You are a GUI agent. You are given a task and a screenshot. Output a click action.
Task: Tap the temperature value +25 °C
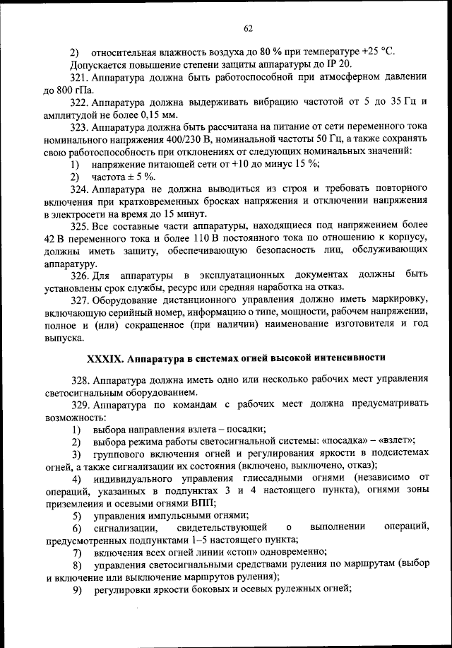click(x=377, y=52)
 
